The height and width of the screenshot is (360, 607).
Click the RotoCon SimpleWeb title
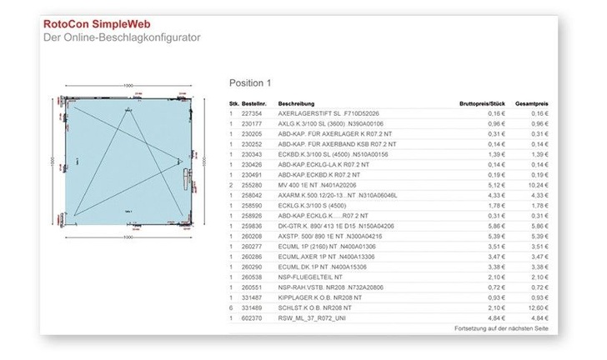pos(94,24)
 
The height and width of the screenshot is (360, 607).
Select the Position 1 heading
pos(250,83)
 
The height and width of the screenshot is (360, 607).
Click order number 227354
pos(251,112)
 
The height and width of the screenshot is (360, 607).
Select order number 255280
pos(251,185)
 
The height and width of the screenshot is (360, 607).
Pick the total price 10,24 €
pos(538,185)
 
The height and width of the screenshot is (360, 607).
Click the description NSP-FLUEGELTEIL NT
pos(310,277)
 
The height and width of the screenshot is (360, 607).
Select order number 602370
pos(251,317)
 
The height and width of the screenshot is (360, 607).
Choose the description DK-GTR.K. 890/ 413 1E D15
pos(332,225)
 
